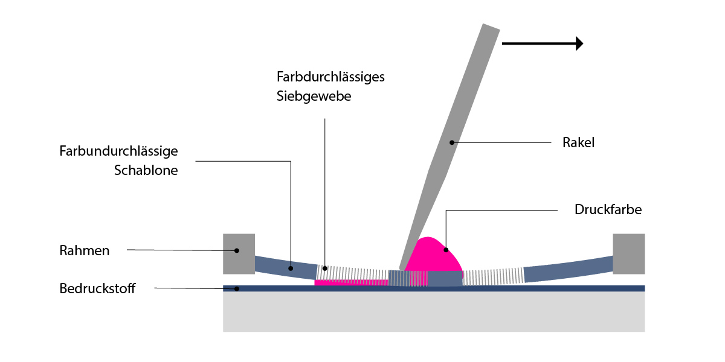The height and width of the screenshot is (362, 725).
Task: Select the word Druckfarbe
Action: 608,211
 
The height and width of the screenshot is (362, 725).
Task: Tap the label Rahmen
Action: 85,250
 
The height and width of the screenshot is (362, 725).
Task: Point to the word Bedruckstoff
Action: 97,288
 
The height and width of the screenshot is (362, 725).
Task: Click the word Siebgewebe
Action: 314,96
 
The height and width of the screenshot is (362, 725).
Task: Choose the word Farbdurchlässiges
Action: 331,77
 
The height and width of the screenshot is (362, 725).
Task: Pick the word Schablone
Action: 146,170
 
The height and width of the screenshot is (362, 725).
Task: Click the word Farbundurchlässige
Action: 119,151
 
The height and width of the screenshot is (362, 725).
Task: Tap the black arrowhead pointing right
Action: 579,43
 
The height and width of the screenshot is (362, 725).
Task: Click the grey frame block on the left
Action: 239,253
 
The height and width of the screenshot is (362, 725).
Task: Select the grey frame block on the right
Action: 628,253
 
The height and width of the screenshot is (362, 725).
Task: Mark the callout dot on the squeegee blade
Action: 451,142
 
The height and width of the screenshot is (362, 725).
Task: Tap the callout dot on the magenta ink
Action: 446,249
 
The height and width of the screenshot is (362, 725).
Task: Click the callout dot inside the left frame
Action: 237,250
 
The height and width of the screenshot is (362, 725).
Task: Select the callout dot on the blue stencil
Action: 291,268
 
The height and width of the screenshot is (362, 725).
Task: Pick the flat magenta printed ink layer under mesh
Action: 350,282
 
